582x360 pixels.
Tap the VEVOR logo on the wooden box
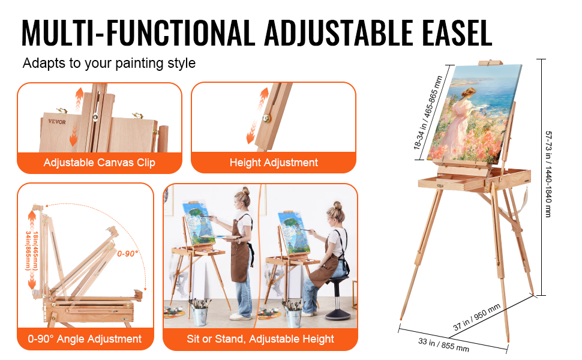[x=57, y=121]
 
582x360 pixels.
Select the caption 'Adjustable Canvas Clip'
[x=100, y=163]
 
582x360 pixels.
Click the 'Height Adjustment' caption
[x=274, y=163]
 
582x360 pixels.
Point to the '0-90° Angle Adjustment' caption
[x=85, y=339]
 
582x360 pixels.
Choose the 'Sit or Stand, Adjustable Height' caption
[x=260, y=339]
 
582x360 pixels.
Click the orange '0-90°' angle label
[x=127, y=254]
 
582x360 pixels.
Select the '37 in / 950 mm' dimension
[x=477, y=317]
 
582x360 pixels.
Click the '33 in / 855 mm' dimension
[x=443, y=345]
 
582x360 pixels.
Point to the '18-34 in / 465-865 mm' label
[x=428, y=113]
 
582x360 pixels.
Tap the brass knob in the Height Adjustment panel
[x=266, y=118]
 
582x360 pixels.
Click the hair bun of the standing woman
[x=246, y=191]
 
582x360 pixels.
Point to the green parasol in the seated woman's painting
[x=292, y=223]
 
